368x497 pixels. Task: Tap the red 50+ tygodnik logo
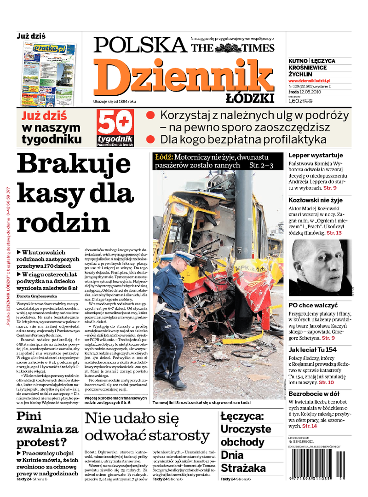pos(115,127)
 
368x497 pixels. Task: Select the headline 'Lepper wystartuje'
pos(316,155)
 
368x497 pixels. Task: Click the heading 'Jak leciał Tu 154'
pos(312,350)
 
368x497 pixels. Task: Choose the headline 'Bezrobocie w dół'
pos(314,394)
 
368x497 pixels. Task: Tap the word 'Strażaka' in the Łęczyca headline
pos(243,468)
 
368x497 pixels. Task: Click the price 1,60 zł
pos(297,101)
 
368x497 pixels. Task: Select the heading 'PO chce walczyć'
pos(313,305)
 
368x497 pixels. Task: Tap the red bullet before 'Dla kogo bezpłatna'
pos(150,139)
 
